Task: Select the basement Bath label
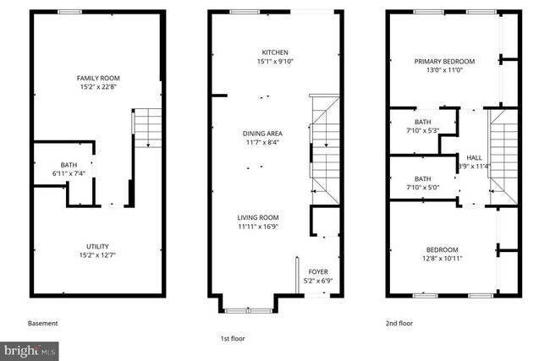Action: [x=69, y=165]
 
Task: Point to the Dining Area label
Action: [x=262, y=134]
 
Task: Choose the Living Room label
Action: [x=258, y=217]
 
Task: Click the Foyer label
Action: [x=317, y=272]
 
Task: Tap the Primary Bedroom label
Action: [x=444, y=62]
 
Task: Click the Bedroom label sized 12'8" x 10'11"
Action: [x=442, y=249]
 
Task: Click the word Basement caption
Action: [x=43, y=324]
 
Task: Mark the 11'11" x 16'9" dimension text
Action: [x=258, y=227]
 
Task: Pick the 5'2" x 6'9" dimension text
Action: [x=317, y=281]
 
